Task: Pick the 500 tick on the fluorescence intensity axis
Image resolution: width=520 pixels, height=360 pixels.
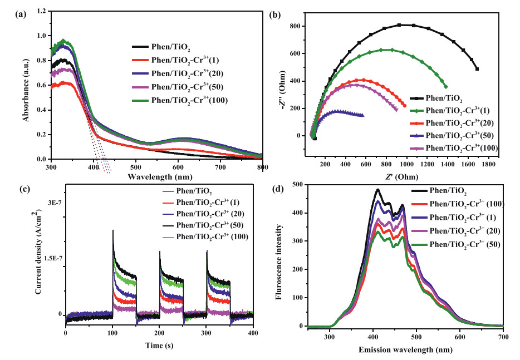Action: click(x=299, y=184)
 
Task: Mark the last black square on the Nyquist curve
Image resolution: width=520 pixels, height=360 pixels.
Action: click(x=477, y=69)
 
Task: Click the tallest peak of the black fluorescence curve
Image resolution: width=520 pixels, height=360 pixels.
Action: click(x=378, y=190)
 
